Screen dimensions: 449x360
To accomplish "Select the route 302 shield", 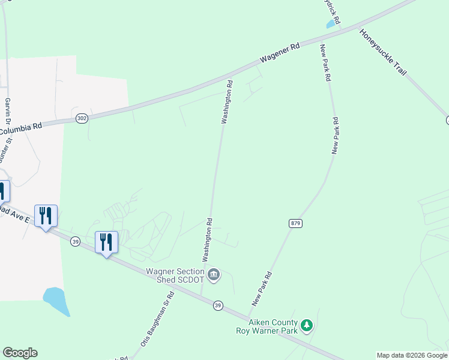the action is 82,119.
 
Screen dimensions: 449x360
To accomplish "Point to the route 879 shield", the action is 295,223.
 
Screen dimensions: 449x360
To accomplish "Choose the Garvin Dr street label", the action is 8,111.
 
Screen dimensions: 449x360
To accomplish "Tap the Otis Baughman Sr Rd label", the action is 165,318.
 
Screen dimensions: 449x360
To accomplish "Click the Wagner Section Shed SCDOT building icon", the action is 214,275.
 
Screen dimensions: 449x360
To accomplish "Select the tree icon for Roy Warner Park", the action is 307,325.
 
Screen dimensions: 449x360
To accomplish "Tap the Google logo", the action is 20,353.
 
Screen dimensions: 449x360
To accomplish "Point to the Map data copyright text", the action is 412,355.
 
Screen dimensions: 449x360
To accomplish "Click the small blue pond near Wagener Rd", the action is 330,25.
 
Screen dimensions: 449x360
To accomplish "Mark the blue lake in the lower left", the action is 56,300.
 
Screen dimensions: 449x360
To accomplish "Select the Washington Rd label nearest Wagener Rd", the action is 227,101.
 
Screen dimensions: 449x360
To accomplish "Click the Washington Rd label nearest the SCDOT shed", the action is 208,239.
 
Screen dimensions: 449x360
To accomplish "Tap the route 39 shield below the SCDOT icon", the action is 218,305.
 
